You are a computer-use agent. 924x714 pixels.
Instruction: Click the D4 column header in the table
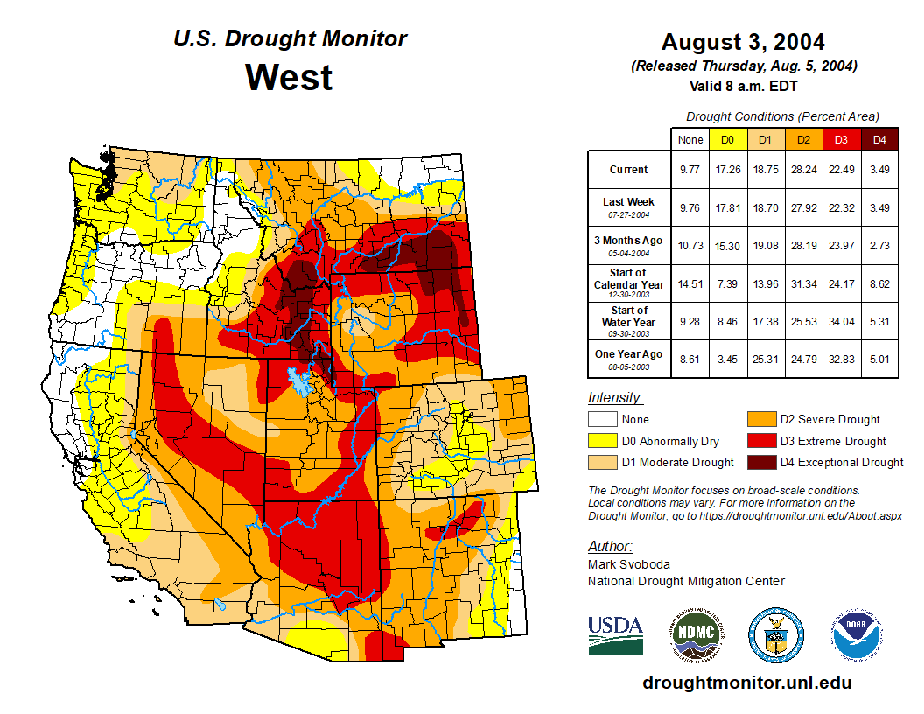click(879, 140)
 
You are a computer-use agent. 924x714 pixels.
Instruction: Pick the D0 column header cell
click(727, 140)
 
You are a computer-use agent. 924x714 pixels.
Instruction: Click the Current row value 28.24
click(803, 170)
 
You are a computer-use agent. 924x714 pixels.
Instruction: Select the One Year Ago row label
click(629, 354)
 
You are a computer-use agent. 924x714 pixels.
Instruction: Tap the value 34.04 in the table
click(841, 322)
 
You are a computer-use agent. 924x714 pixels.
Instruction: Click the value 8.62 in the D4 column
click(879, 283)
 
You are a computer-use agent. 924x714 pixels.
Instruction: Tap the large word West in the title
click(289, 77)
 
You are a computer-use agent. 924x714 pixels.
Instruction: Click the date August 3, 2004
click(743, 42)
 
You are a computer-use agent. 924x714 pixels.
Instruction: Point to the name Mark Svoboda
click(628, 564)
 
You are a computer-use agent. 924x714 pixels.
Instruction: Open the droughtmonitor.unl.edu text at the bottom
click(746, 682)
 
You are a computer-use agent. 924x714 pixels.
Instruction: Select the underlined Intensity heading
click(615, 397)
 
